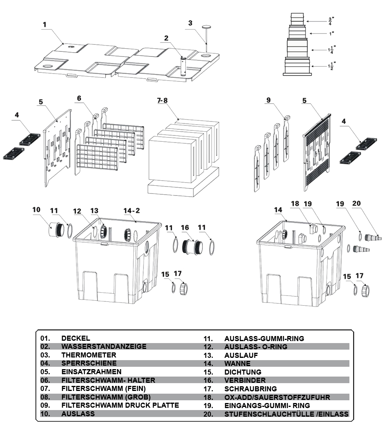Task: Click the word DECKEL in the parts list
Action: pos(76,338)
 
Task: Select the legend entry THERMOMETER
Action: pos(89,355)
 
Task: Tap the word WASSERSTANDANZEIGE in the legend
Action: pos(104,347)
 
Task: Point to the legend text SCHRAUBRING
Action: pos(250,389)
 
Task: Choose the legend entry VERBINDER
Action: pos(245,380)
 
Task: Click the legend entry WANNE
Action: pos(237,364)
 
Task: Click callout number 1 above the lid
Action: pos(44,25)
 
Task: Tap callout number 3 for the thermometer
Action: pos(190,23)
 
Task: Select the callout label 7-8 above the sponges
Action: pos(162,100)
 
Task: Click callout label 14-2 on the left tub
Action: pos(131,211)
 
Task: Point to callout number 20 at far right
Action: pos(357,203)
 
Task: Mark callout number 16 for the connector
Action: pos(185,227)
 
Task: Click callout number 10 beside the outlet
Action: pos(36,210)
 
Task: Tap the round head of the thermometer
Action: pos(206,26)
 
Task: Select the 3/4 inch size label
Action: pos(330,21)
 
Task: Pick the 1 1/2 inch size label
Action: pos(332,66)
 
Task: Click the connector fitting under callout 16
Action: pos(193,247)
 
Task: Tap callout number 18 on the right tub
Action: pos(295,203)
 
